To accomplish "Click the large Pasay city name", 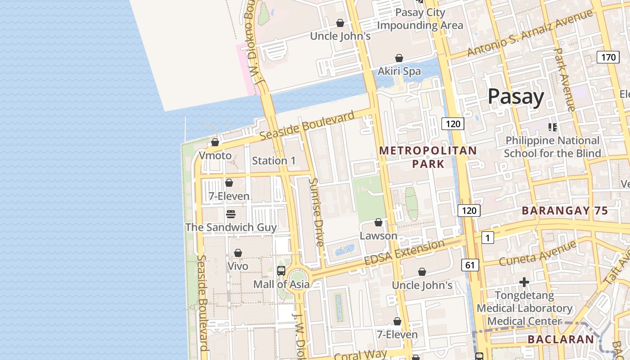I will click(x=516, y=97).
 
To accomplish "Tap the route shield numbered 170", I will click(x=608, y=57).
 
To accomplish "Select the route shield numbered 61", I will click(x=470, y=265).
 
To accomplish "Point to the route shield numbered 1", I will click(x=487, y=237).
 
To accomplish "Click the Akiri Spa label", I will click(x=399, y=71).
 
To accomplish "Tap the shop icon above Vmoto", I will click(x=215, y=142).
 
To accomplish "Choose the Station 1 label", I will click(x=274, y=161).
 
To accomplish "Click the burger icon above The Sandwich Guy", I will click(x=231, y=214).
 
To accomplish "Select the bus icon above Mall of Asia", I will click(x=281, y=271).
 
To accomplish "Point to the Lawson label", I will click(x=378, y=236).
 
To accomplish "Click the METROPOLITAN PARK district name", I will click(x=428, y=157).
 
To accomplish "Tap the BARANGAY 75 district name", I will click(x=565, y=211).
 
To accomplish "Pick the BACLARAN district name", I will click(x=561, y=339).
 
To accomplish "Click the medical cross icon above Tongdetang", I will click(x=524, y=282).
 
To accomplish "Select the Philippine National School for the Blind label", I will click(x=552, y=147).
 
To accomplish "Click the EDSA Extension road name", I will click(x=404, y=253).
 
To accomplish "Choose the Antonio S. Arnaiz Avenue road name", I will click(x=530, y=33).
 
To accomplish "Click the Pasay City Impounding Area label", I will click(x=420, y=19).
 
